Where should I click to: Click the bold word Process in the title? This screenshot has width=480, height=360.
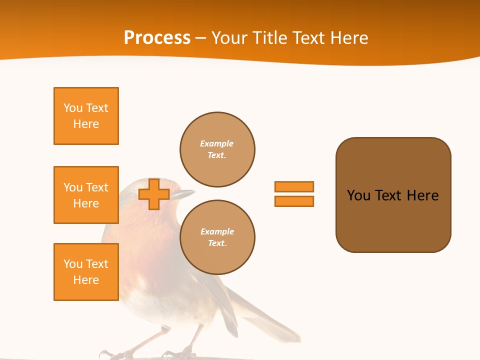(x=157, y=38)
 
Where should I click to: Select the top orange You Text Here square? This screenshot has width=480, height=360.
(x=86, y=116)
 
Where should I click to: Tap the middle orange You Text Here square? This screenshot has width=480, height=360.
(x=86, y=195)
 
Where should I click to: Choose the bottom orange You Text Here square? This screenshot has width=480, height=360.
(x=86, y=272)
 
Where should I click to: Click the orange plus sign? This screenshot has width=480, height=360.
(x=154, y=194)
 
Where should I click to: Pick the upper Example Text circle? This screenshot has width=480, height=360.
(x=217, y=149)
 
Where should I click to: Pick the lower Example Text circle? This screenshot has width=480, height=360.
(x=217, y=237)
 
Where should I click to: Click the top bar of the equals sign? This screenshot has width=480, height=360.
(x=294, y=186)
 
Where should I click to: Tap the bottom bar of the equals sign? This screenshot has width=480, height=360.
(x=294, y=201)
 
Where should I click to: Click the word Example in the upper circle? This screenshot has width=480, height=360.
(x=216, y=143)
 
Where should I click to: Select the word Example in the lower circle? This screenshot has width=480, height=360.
(x=217, y=231)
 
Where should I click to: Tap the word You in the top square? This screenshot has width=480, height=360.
(x=73, y=108)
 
